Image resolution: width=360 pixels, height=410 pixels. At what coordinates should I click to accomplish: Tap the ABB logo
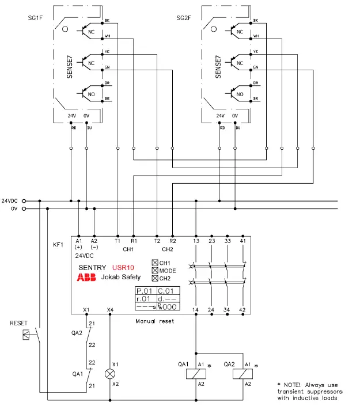coord(86,277)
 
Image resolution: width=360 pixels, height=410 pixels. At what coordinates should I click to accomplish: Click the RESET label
coord(18,324)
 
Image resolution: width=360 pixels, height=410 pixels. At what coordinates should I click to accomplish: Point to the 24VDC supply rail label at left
coord(10,200)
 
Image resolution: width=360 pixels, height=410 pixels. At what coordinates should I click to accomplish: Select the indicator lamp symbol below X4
coord(109,374)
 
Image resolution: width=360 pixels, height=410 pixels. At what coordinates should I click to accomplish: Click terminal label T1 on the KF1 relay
coord(118,241)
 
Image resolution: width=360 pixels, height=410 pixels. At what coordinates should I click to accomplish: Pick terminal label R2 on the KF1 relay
coord(173,241)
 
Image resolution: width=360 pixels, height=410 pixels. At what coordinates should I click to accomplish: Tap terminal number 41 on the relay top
coord(242,241)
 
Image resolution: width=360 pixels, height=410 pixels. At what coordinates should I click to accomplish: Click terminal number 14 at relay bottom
coord(196,310)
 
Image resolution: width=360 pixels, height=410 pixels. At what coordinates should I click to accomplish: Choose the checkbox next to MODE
coord(154,271)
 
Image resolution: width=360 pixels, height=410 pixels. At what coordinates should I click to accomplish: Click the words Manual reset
coord(154,321)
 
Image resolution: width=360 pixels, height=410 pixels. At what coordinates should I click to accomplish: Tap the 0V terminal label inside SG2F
coord(234,116)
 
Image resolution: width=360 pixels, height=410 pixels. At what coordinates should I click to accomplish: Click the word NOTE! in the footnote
coord(295,384)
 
